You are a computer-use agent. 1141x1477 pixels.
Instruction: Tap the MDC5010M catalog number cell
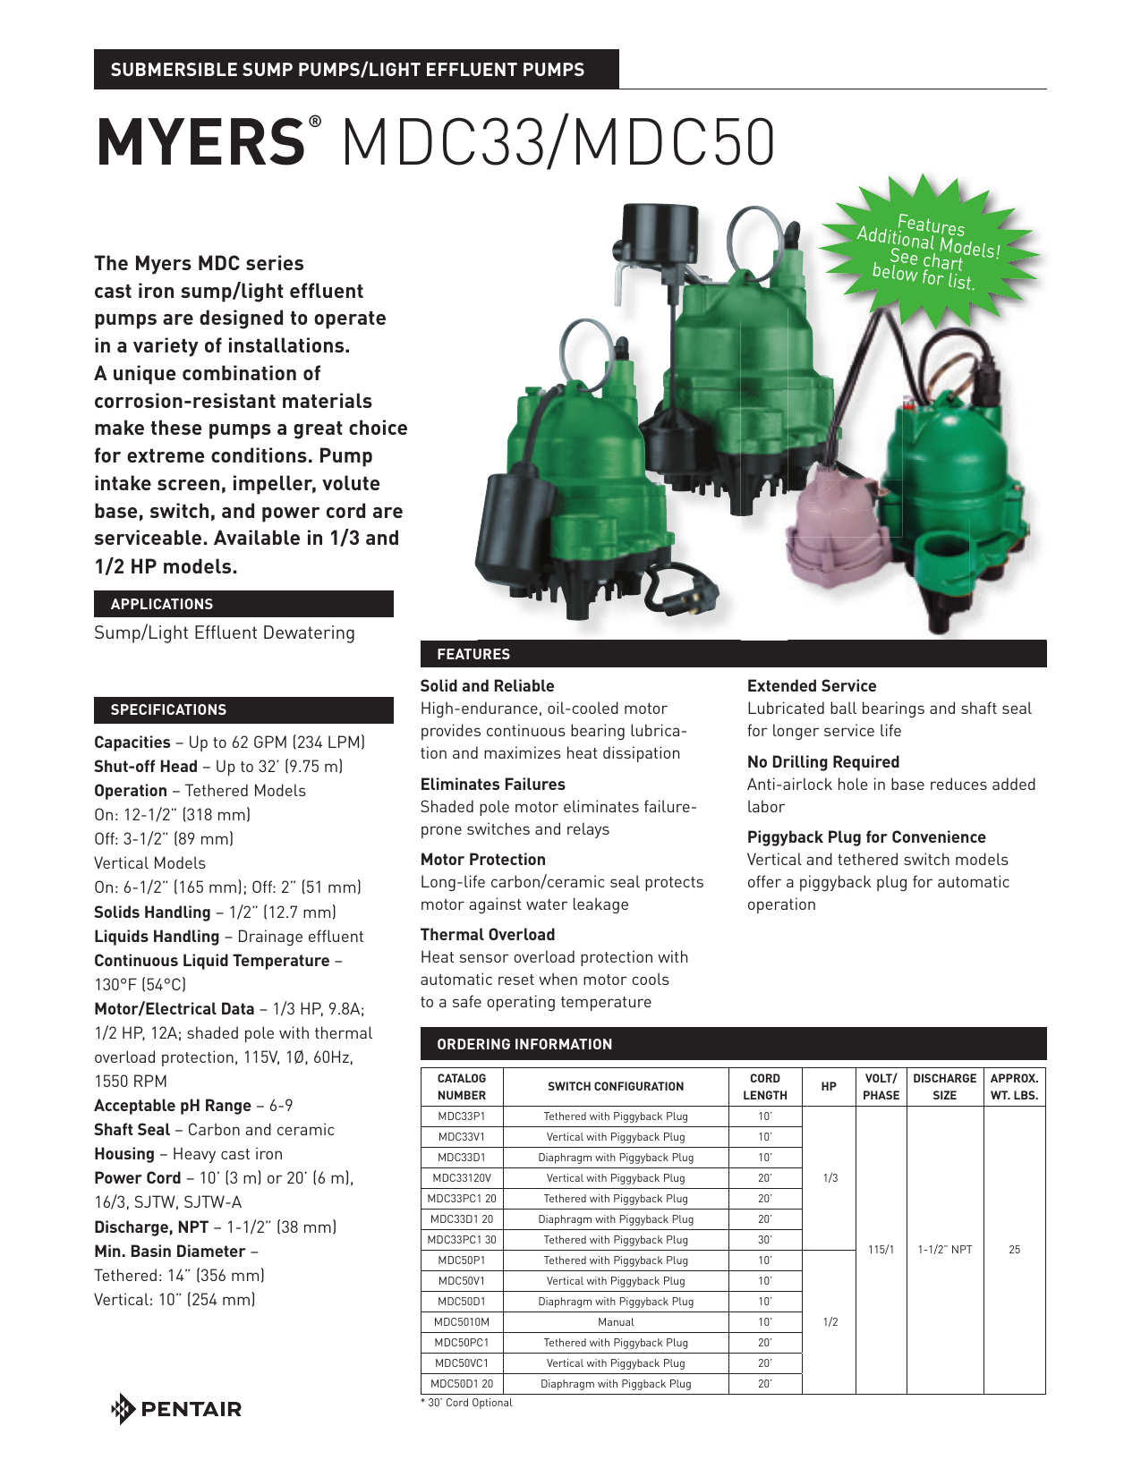click(462, 1322)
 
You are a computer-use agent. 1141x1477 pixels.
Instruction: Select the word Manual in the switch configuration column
click(616, 1322)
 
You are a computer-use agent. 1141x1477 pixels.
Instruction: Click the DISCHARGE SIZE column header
click(944, 1086)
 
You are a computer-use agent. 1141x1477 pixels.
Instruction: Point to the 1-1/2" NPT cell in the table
click(945, 1250)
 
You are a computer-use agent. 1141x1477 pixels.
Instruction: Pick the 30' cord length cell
click(765, 1240)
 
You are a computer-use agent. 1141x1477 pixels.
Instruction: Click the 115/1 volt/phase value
click(881, 1250)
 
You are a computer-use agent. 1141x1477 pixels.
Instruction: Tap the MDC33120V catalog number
click(462, 1178)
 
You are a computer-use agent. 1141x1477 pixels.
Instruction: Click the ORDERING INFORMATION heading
click(524, 1044)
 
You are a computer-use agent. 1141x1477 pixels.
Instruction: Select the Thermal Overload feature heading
click(488, 935)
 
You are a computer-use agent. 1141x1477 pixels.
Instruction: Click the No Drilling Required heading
click(823, 762)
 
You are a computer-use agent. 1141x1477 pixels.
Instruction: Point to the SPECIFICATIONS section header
click(168, 710)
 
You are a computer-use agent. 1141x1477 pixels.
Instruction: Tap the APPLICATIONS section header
click(162, 605)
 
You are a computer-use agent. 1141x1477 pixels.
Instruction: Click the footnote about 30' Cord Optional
click(467, 1403)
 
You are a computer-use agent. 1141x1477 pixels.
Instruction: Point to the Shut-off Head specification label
click(146, 767)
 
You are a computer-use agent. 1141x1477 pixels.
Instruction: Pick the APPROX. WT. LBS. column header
click(1014, 1086)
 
